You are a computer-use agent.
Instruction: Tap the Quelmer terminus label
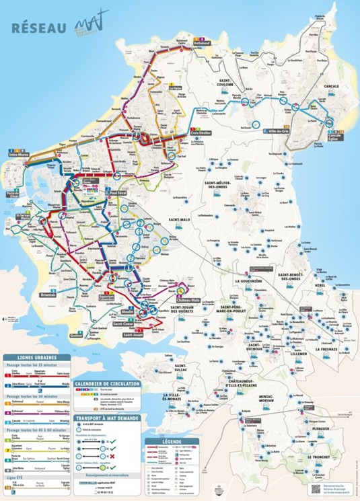(77, 334)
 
